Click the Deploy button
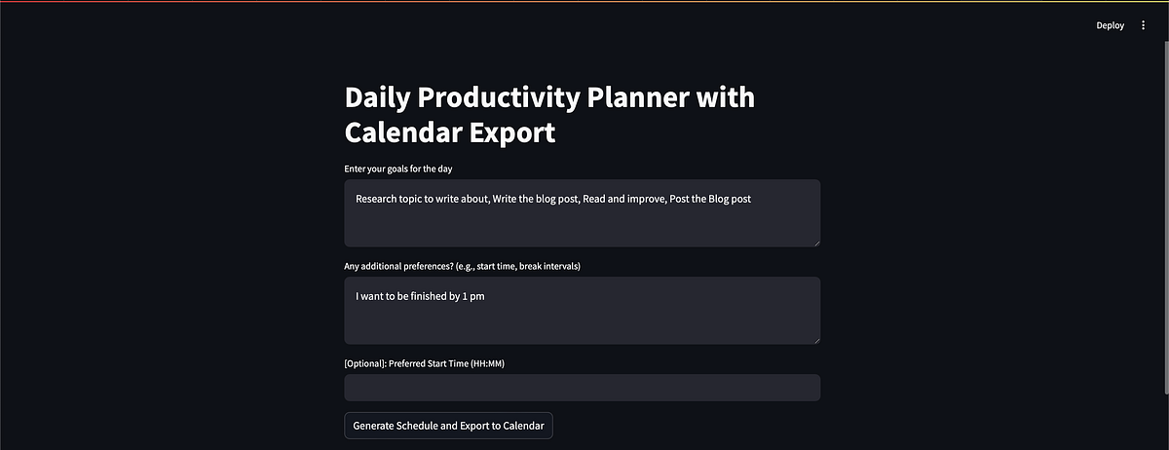(1110, 25)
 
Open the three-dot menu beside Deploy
(1144, 25)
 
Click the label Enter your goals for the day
(397, 169)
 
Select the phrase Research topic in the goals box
(389, 199)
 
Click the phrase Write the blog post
(534, 199)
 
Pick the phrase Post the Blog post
(710, 199)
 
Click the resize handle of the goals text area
(815, 242)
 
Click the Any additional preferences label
(462, 266)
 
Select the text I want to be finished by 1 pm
(420, 296)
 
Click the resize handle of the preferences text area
(815, 339)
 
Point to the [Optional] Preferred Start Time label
(424, 363)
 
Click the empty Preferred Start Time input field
(582, 388)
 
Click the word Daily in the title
(379, 97)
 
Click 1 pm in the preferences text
(473, 296)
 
